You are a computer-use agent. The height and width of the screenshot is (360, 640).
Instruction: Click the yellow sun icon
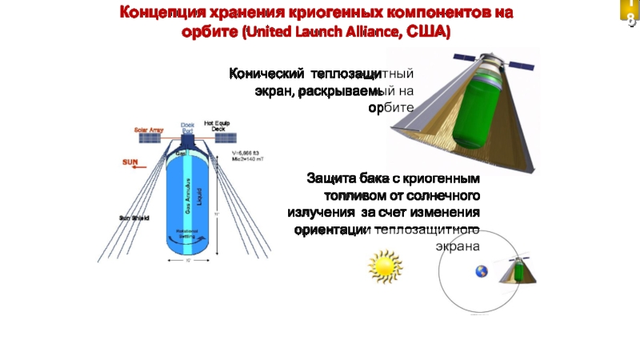382,266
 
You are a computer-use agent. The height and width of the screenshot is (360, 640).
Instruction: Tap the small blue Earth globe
482,271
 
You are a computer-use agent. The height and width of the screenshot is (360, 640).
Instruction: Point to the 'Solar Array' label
148,129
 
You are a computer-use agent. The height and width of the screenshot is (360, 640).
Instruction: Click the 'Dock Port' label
187,126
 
